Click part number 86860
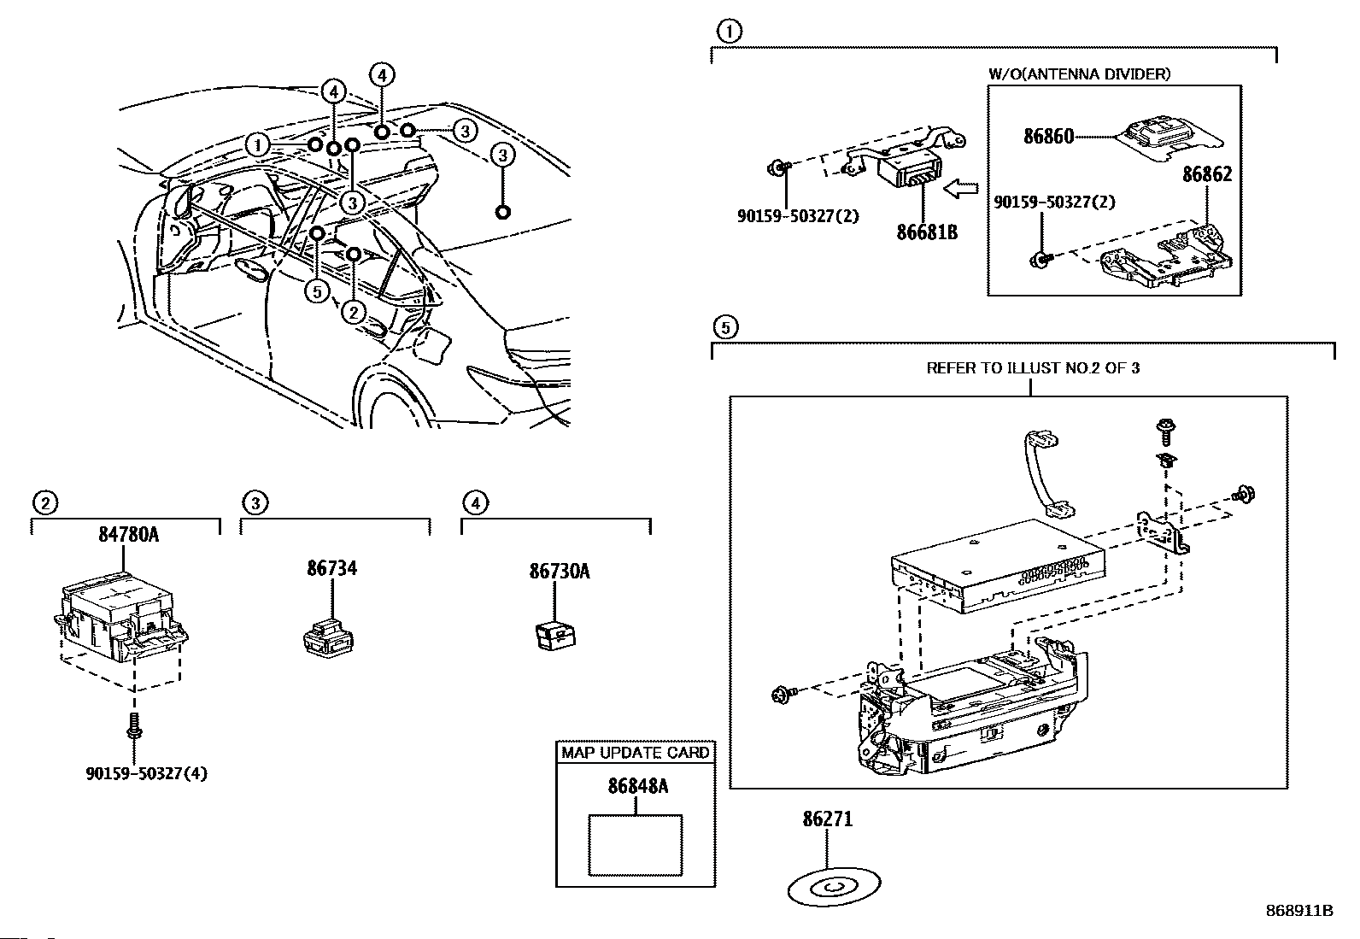(1048, 136)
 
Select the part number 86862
(1207, 174)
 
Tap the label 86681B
(927, 232)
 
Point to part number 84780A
(129, 535)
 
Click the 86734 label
(332, 568)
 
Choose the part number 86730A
(560, 572)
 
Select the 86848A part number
(638, 787)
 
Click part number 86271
(828, 819)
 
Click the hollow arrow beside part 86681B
(961, 188)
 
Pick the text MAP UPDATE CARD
(635, 753)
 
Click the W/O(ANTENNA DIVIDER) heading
(1080, 74)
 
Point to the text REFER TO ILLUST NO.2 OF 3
(1033, 368)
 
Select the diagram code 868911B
(1299, 911)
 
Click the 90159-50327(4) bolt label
(146, 774)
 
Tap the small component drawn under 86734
(328, 637)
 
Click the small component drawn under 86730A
(555, 636)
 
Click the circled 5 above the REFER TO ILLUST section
(725, 327)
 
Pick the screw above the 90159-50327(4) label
(134, 725)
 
